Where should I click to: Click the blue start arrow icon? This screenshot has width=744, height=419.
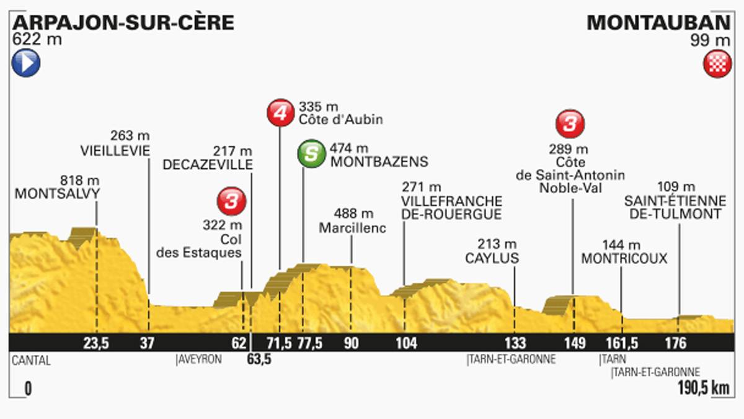coord(25,63)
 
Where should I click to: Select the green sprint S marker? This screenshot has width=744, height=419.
coord(311,154)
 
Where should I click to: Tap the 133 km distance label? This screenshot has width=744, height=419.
coord(515,344)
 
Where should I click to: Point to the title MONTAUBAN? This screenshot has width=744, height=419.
coord(658,23)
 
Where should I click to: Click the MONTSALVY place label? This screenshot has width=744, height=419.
coord(57,194)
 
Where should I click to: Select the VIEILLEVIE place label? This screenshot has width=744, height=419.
coord(116,150)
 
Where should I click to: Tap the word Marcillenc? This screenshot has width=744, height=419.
coord(352,228)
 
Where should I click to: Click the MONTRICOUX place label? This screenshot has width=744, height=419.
coord(624,258)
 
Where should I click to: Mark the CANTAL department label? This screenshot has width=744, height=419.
coord(30,359)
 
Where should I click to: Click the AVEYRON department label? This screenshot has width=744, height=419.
coord(200,359)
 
